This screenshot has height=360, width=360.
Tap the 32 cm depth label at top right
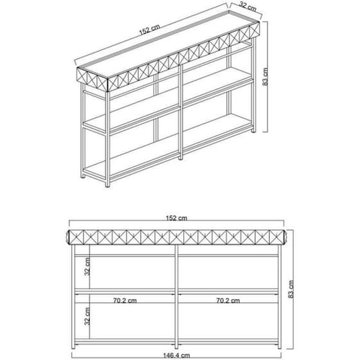click(248, 6)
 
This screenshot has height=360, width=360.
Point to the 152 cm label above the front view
click(177, 218)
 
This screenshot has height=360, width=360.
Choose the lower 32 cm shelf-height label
click(87, 316)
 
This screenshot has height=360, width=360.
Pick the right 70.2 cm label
click(227, 300)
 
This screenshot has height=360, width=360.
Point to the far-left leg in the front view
click(74, 296)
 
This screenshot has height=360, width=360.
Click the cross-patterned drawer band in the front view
click(177, 236)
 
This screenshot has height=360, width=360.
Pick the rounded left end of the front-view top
click(71, 237)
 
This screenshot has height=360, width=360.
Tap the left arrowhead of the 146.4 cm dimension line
click(73, 348)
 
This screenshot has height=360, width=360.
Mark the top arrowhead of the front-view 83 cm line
click(286, 229)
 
